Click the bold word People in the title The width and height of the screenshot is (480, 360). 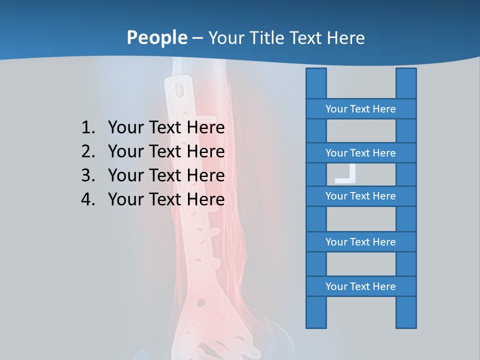[x=156, y=37]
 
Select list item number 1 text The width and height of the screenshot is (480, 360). [x=166, y=127]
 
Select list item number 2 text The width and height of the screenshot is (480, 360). [x=166, y=151]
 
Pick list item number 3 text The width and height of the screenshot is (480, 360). [x=166, y=175]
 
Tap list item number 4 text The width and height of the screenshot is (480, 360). [x=166, y=199]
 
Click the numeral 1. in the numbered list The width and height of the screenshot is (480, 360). [x=88, y=127]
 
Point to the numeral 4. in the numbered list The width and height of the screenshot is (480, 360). [x=88, y=199]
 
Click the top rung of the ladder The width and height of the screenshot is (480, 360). [x=360, y=109]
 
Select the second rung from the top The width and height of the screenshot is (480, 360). [x=360, y=153]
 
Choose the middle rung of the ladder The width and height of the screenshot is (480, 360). [x=360, y=196]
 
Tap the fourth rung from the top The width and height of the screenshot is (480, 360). [x=360, y=242]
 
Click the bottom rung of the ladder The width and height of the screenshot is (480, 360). [x=360, y=286]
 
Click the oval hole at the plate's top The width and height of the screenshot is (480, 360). [x=178, y=90]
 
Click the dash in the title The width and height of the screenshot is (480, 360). [x=197, y=38]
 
